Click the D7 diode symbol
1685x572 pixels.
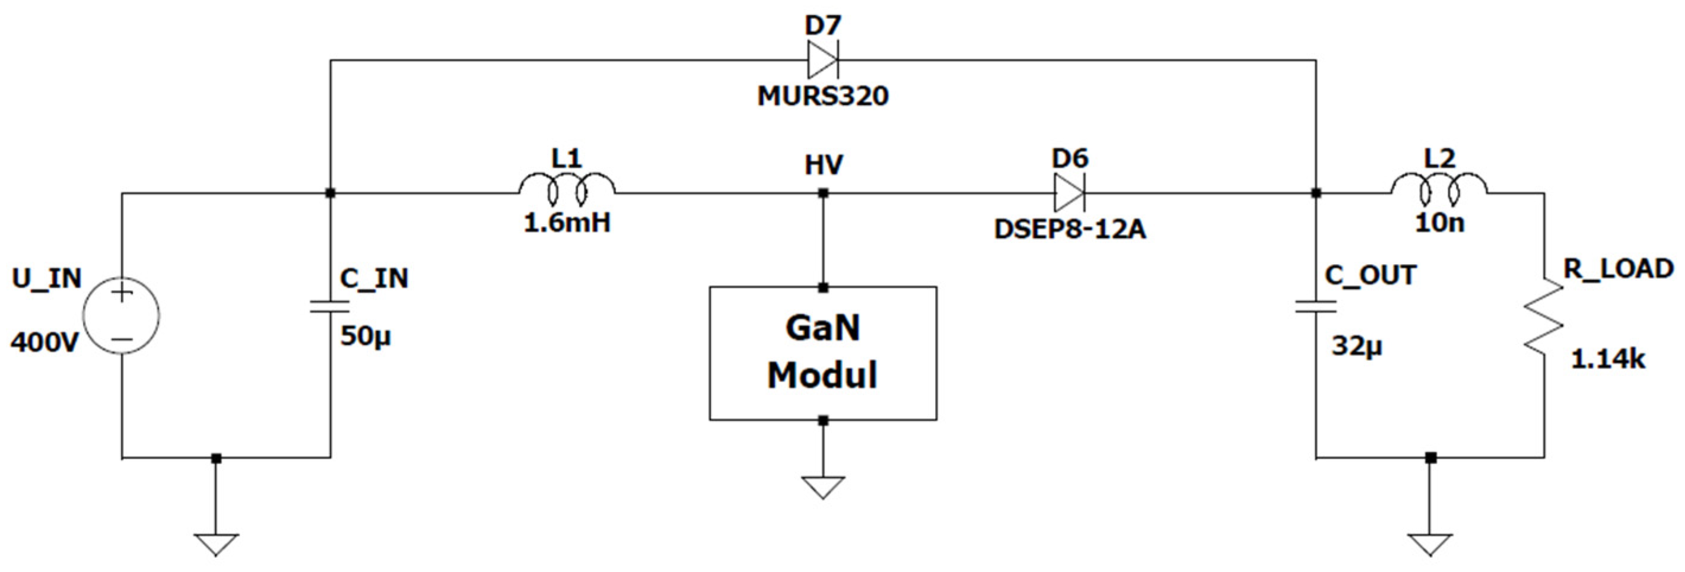[x=822, y=60]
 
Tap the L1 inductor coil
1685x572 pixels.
[x=567, y=188]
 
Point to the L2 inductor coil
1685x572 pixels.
[x=1438, y=188]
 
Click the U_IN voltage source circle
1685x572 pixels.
[x=122, y=316]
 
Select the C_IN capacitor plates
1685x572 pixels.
[x=330, y=306]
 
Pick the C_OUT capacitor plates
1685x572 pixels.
[x=1315, y=306]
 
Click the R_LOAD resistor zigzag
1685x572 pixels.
[x=1544, y=325]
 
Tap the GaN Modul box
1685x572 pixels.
[x=823, y=354]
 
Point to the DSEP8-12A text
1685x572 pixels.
[x=1070, y=230]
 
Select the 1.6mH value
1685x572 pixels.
[x=567, y=223]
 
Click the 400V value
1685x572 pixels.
[x=44, y=342]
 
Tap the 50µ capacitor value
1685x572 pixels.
[x=365, y=337]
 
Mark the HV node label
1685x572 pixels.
[x=824, y=165]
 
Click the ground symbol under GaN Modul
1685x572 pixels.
[x=823, y=488]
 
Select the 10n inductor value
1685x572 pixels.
[x=1439, y=223]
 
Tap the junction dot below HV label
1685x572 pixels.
[x=824, y=193]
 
